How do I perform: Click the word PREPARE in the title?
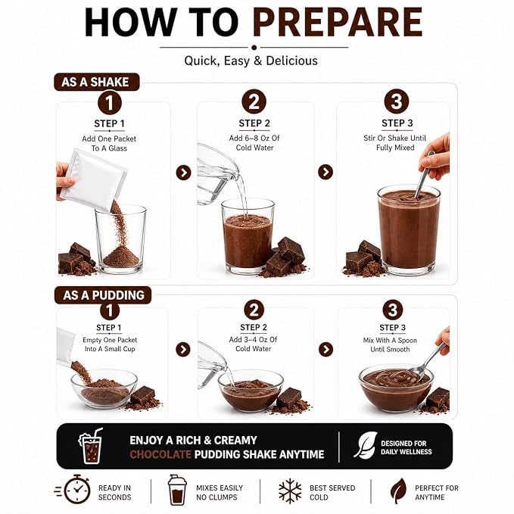coord(338,22)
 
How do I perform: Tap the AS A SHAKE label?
coord(97,82)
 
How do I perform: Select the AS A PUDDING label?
coord(103,295)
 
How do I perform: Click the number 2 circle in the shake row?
coord(254,101)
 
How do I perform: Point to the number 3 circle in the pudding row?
coord(393,310)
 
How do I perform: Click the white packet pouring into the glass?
coord(93,179)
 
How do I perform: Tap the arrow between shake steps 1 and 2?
coord(183,173)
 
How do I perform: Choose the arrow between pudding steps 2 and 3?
coord(326,350)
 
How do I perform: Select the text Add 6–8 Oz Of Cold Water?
coord(254,143)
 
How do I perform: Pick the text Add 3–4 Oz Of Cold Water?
coord(253,344)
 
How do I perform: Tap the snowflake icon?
coord(290,491)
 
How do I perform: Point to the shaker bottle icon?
coord(177,490)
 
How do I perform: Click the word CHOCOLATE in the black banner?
coord(160,454)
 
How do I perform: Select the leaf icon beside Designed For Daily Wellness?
coord(365,445)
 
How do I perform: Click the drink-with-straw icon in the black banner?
coord(91,446)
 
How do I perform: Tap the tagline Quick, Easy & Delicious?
coord(251,61)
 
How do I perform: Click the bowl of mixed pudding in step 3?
coord(396,388)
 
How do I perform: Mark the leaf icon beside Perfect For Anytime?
coord(398,491)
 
